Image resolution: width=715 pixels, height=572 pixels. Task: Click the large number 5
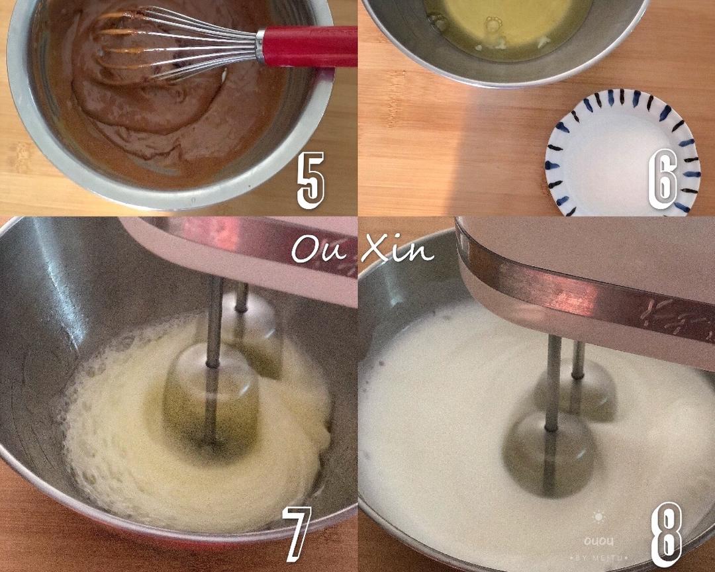coord(310,180)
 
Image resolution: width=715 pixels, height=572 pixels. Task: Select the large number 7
coord(297,534)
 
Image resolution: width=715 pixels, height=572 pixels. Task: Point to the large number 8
coord(666,535)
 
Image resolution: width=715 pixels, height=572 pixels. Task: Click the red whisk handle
coord(307,46)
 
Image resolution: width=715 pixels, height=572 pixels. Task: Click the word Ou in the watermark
coord(318,250)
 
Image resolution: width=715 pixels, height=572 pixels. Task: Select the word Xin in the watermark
coord(397,249)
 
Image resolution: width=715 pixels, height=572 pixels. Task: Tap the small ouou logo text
coord(598,542)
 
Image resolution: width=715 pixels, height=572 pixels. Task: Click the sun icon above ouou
coord(598,517)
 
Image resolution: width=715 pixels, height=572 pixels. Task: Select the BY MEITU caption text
coord(598,558)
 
